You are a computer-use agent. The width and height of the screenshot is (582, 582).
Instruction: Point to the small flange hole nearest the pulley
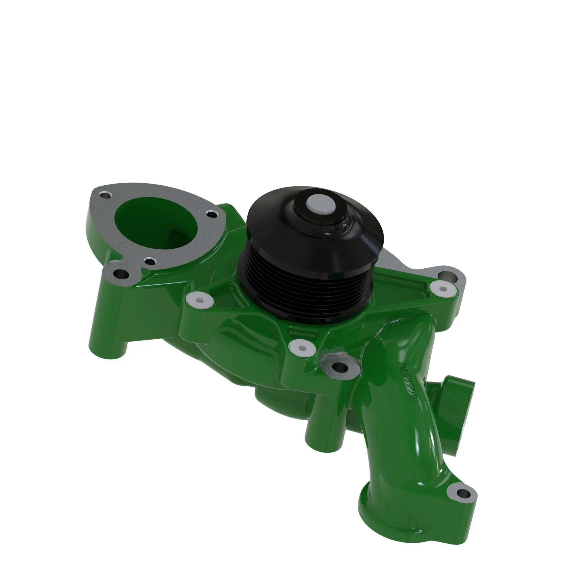(212, 215)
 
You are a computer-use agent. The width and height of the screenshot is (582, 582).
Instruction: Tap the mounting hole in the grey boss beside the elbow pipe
(340, 367)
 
